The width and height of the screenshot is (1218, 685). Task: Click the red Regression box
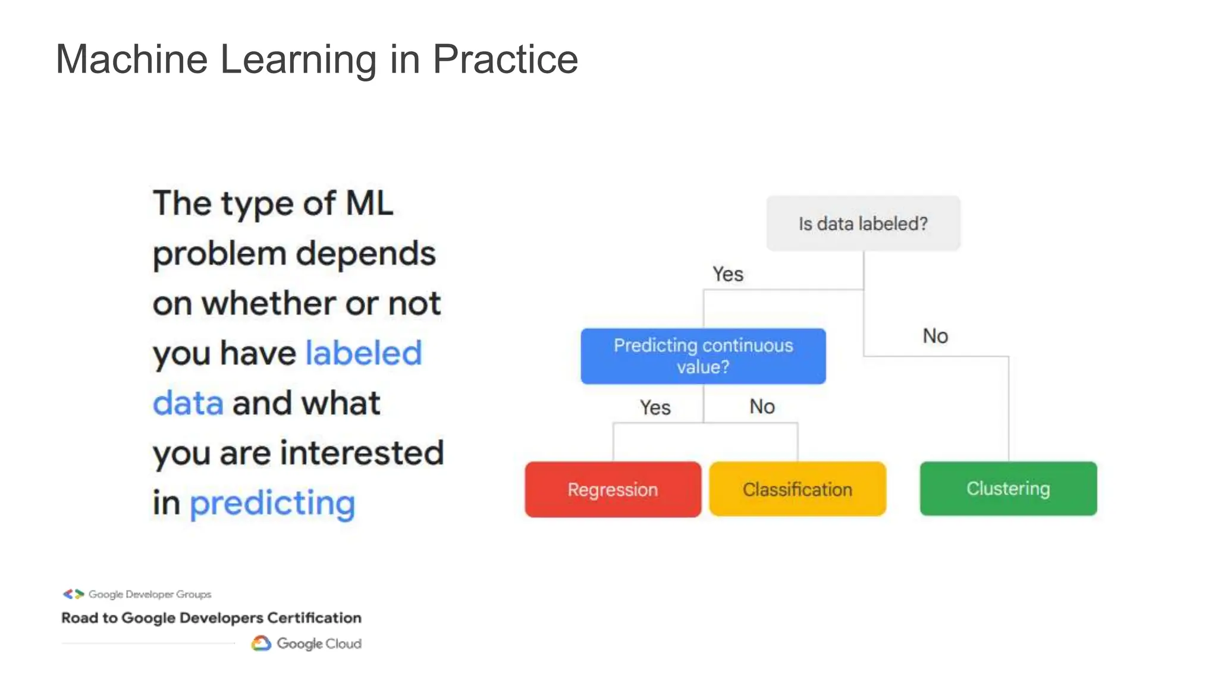tap(613, 489)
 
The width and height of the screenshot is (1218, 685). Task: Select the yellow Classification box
tap(797, 489)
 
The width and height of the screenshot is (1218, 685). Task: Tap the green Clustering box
tap(1008, 488)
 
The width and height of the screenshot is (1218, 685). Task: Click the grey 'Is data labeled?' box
tap(863, 224)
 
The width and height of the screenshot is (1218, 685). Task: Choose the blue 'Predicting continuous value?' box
tap(703, 356)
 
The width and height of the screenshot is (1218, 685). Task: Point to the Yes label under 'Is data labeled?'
tap(728, 274)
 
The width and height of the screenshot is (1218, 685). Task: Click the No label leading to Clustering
tap(935, 336)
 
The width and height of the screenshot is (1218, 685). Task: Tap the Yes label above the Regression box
tap(655, 407)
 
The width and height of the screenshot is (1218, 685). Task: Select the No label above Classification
tap(762, 407)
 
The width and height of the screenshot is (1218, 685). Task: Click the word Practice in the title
tap(505, 59)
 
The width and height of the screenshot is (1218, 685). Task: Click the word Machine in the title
tap(131, 59)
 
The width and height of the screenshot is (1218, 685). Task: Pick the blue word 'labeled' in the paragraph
tap(363, 353)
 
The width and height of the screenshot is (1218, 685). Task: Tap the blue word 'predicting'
tap(272, 504)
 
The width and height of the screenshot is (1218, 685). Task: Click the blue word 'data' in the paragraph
tap(188, 403)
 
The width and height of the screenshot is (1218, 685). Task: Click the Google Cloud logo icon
tap(261, 643)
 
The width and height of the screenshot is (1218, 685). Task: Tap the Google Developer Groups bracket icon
tap(74, 594)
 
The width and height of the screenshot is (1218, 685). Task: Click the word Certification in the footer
tap(314, 618)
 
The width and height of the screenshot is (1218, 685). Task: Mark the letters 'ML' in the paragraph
tap(369, 203)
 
